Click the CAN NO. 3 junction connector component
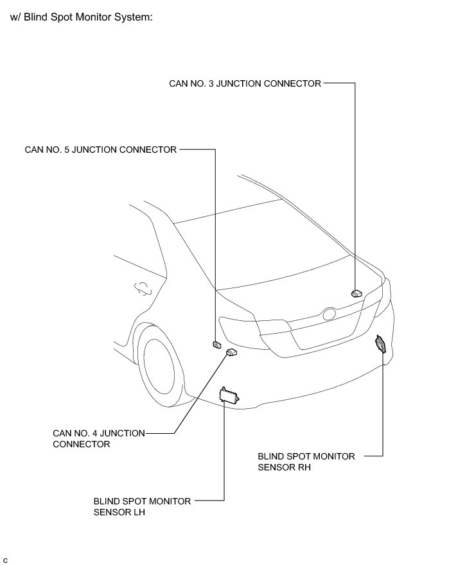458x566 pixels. pos(357,293)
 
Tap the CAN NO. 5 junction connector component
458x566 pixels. pos(216,345)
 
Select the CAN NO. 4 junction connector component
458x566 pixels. pos(231,352)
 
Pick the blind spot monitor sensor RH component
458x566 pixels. pos(381,345)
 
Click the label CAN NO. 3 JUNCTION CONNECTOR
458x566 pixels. pos(245,83)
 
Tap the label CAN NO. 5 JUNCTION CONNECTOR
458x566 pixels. pos(100,150)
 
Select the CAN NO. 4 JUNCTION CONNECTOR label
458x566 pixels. pos(98,438)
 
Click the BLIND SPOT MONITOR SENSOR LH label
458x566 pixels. pos(142,506)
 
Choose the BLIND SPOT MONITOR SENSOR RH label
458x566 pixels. pos(306,461)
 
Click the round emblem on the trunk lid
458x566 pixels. pos(330,315)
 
